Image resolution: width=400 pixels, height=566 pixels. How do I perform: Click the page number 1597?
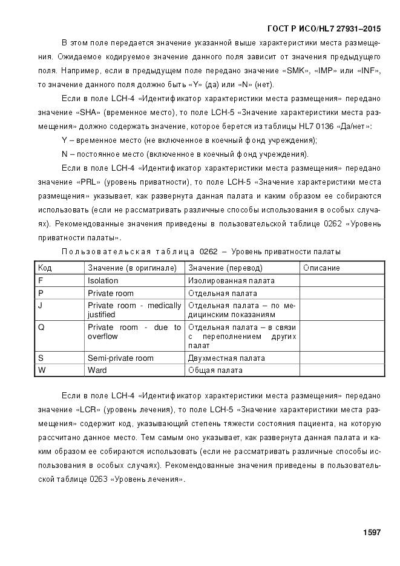(371, 533)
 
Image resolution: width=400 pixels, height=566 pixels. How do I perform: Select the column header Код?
(45, 268)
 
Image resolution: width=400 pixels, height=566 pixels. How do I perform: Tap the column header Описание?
(321, 268)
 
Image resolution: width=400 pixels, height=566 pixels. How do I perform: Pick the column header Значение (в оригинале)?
(132, 268)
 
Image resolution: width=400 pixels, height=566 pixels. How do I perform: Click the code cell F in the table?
(41, 281)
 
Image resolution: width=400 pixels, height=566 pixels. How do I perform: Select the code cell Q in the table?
(41, 327)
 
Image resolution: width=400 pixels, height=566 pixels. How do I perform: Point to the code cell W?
(42, 370)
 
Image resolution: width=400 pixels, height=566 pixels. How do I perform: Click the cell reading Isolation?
(103, 281)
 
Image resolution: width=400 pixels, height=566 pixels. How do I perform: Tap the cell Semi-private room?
(120, 358)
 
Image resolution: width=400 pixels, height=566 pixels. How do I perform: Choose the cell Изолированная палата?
(231, 281)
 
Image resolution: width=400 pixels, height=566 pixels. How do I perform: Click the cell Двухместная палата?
(226, 358)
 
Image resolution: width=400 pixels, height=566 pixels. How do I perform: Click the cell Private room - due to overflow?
(134, 332)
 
